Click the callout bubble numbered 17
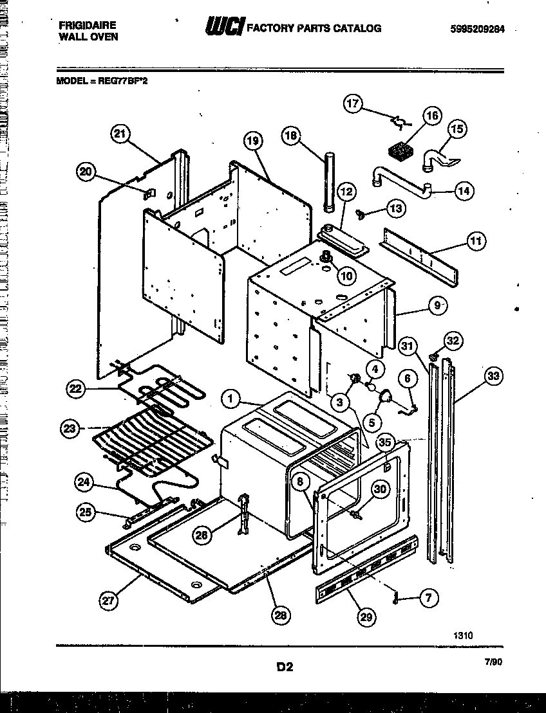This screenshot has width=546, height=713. (353, 104)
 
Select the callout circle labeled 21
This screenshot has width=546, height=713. (120, 134)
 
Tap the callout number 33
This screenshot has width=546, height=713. (493, 377)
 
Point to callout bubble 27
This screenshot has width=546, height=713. (109, 601)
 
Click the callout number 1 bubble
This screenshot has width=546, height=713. (230, 400)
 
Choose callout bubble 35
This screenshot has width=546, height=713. (384, 442)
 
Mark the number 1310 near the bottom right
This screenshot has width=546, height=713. (462, 635)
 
